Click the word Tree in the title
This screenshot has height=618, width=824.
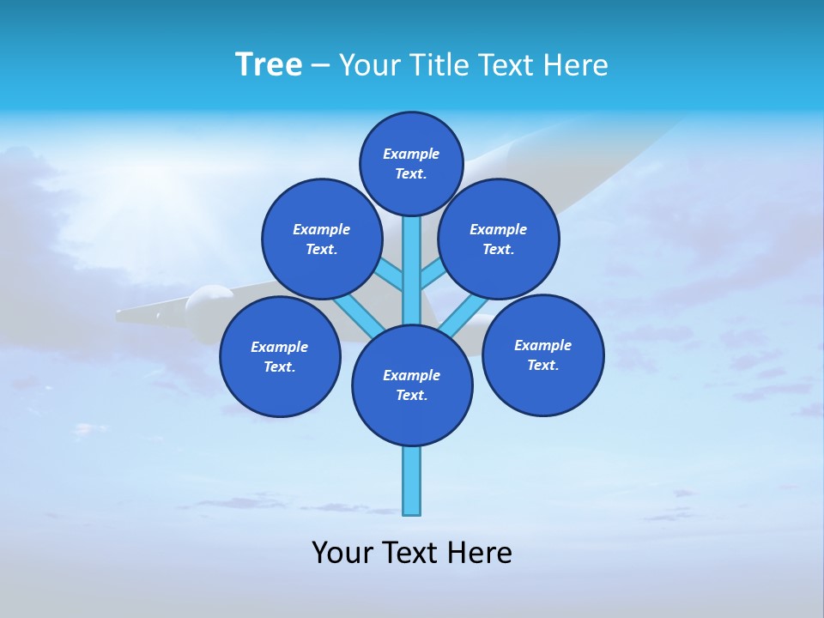[x=269, y=64]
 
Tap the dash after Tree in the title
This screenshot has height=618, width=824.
[x=320, y=65]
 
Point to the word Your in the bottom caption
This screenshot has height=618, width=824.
[x=343, y=553]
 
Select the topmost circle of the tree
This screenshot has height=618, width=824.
[x=411, y=163]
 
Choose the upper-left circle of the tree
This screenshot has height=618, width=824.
[x=321, y=239]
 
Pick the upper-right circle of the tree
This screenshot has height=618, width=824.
[x=499, y=239]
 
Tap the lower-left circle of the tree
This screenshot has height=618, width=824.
[x=280, y=356]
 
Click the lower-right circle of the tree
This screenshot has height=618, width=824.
[x=542, y=354]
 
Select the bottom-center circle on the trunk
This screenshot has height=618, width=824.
[x=412, y=385]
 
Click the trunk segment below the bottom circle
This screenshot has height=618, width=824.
[x=412, y=481]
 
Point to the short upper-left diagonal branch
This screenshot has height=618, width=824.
[x=391, y=275]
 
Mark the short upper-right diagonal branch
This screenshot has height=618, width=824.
[x=432, y=275]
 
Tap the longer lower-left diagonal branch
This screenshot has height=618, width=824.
[x=357, y=314]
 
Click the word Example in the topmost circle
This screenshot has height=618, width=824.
[x=411, y=154]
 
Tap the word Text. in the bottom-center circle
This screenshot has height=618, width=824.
[x=411, y=396]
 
